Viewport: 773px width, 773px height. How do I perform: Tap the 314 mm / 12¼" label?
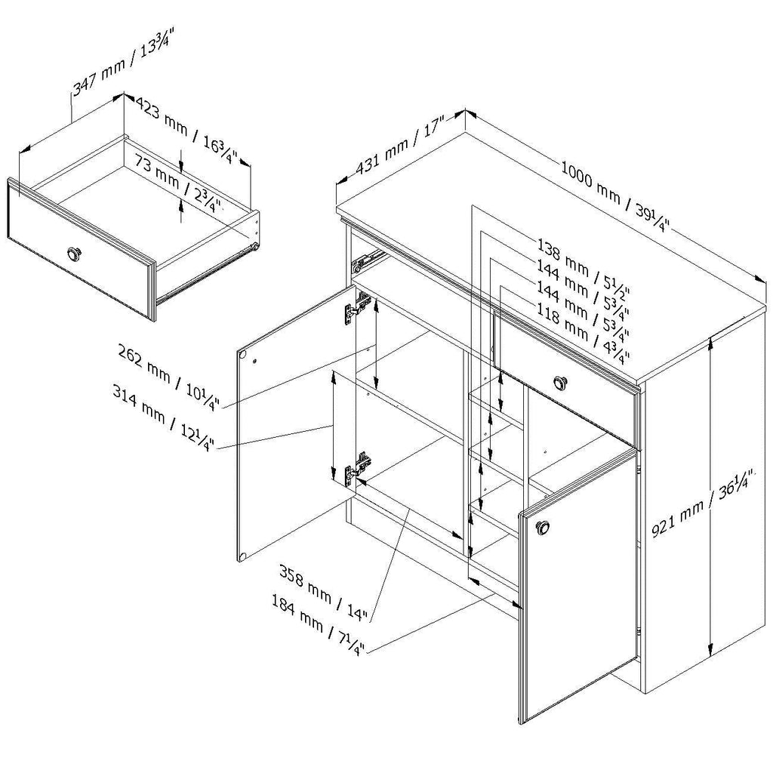[164, 420]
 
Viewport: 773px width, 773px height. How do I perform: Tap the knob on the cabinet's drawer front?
[560, 381]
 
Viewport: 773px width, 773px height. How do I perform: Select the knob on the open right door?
[542, 528]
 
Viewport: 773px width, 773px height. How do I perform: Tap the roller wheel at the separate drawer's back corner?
[255, 245]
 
